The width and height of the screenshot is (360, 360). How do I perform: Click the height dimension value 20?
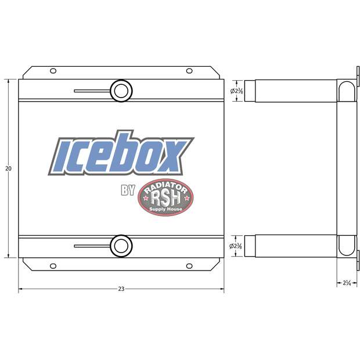tap(8, 168)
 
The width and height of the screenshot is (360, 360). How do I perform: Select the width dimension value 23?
tap(121, 289)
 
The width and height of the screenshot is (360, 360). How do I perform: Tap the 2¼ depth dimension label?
tap(347, 283)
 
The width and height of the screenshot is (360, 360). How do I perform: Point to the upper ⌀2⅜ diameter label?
tap(236, 91)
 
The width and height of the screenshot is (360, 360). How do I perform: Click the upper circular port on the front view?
tap(121, 91)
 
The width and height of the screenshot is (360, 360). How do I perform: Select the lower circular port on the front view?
tap(121, 245)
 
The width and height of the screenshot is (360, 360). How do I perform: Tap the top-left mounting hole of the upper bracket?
tap(53, 71)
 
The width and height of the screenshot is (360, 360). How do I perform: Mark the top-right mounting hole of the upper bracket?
tap(189, 71)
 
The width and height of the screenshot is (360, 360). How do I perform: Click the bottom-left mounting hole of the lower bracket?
tap(53, 266)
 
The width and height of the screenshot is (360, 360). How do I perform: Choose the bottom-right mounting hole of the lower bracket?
tap(189, 266)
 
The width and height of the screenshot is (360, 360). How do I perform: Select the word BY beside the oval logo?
tap(128, 190)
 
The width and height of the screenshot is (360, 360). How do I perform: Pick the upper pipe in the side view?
tap(290, 91)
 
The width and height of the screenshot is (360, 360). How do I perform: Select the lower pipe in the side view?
tap(290, 245)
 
